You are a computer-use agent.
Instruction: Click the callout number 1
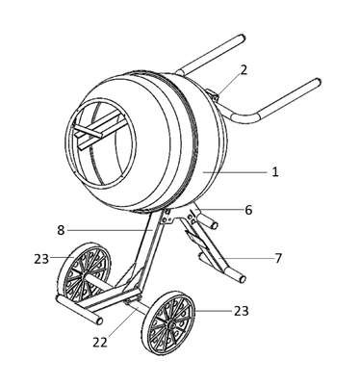point(275,172)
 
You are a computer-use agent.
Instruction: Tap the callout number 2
point(244,70)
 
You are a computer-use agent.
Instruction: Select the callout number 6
point(248,210)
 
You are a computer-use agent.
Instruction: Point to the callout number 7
point(278,258)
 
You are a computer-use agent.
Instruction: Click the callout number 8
point(61,230)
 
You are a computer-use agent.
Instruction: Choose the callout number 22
point(100,343)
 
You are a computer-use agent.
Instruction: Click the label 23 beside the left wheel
point(41,259)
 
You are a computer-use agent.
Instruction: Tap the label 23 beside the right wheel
point(241,311)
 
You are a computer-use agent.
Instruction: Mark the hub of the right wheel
point(170,324)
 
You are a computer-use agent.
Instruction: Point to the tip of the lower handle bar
point(317,83)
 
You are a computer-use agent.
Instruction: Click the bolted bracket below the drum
point(167,218)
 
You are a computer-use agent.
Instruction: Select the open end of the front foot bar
point(99,321)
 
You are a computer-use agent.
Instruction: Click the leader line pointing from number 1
point(235,172)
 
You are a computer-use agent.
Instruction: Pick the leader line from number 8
point(110,230)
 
